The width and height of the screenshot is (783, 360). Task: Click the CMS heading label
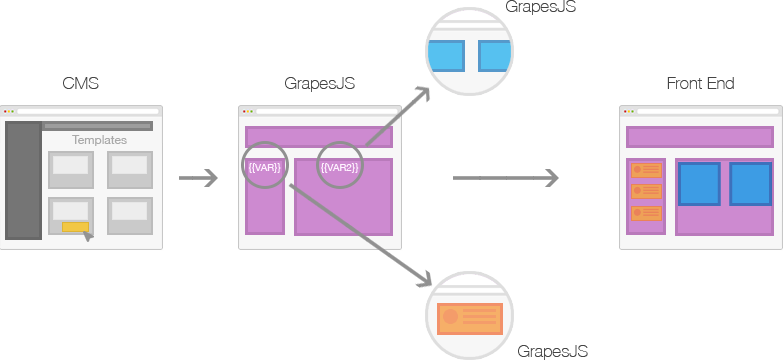point(80,83)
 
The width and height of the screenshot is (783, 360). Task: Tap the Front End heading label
point(700,83)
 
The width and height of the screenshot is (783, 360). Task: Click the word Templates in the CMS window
point(99,140)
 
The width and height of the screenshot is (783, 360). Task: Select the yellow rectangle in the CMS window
point(75,227)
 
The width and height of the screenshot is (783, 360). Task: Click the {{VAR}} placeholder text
point(265,167)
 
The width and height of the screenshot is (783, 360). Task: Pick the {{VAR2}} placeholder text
point(340,167)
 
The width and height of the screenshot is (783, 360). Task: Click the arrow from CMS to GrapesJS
point(198,178)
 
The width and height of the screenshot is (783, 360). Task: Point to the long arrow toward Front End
point(505,178)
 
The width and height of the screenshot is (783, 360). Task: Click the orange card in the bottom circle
point(469,319)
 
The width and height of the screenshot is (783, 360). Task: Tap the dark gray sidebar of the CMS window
point(23,180)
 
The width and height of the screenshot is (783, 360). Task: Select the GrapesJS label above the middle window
point(320,83)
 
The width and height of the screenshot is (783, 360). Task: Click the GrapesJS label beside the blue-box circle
point(541,6)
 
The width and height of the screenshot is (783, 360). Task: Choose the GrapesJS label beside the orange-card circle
point(552,351)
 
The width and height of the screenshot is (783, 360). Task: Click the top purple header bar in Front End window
point(700,137)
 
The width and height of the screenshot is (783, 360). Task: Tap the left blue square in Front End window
point(699,184)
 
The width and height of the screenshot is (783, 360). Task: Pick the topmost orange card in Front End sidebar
point(646,170)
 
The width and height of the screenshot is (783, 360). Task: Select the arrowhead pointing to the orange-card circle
point(424,279)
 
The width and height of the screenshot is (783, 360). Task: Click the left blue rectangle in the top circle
point(447,56)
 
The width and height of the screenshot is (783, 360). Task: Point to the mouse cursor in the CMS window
point(88,236)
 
